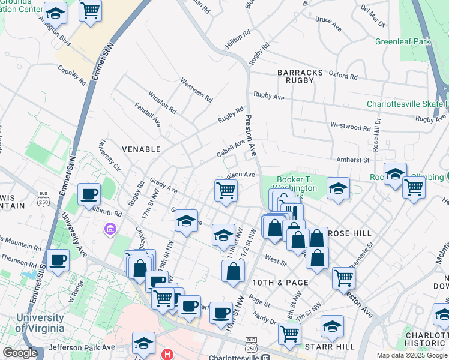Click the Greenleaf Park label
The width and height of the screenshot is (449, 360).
click(403, 42)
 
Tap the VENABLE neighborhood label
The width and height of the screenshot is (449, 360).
click(141, 149)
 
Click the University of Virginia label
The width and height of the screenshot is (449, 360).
click(40, 322)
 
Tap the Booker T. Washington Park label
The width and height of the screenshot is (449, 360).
click(297, 184)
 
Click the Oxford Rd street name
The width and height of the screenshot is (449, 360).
click(343, 77)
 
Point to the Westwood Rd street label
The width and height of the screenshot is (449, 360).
click(350, 127)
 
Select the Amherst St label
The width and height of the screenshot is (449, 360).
click(354, 160)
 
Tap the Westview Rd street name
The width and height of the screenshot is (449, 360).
click(196, 89)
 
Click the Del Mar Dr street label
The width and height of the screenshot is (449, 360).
click(373, 16)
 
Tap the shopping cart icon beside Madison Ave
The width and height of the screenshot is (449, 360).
click(226, 191)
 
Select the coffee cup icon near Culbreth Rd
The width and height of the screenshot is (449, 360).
click(89, 193)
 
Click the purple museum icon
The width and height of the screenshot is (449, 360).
click(109, 229)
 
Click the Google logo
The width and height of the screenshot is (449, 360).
click(20, 353)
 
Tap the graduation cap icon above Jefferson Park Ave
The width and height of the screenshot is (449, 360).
click(143, 343)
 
